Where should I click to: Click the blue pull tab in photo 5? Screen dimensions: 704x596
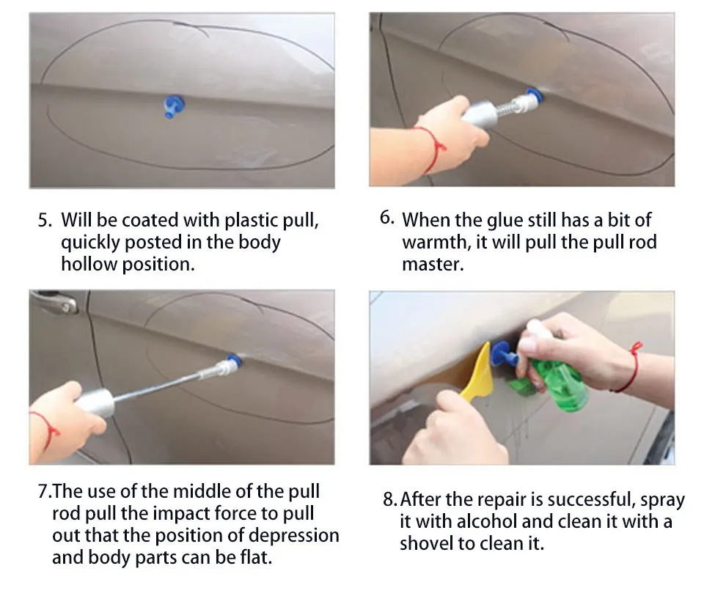[173, 106]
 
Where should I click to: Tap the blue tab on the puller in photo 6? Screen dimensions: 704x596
[535, 95]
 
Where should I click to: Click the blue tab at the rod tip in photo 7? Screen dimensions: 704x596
[233, 359]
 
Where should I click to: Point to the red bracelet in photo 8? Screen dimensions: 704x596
[631, 367]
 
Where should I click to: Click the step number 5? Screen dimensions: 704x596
[45, 221]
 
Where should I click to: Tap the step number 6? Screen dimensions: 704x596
[387, 218]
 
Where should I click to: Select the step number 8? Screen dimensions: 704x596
[389, 499]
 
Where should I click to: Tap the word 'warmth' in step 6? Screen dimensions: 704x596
[436, 243]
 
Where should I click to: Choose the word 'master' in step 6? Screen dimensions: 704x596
[433, 265]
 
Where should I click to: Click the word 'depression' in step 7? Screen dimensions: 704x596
[293, 535]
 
